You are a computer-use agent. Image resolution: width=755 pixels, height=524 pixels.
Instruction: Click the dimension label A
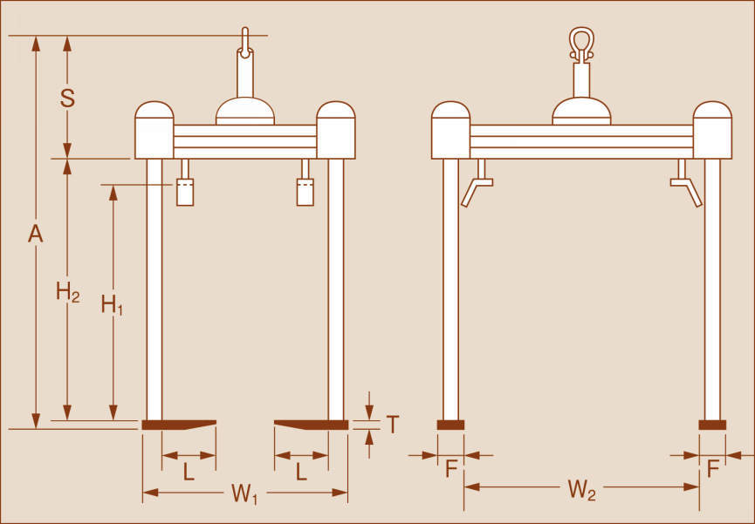35,234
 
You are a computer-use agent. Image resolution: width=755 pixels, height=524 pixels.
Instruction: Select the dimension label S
67,99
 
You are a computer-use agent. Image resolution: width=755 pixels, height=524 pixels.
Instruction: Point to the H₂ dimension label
68,293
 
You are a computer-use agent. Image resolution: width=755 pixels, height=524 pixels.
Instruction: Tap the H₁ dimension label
112,304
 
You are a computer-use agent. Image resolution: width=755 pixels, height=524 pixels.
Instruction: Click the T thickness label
393,425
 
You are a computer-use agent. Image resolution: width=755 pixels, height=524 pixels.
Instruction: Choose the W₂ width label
581,489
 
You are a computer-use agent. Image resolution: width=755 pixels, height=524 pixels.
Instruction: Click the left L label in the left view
189,472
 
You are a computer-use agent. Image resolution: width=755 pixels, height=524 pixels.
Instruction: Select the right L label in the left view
301,472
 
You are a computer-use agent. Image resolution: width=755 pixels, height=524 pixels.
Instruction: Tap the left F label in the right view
451,469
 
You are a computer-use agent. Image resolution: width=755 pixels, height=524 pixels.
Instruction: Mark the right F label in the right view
712,469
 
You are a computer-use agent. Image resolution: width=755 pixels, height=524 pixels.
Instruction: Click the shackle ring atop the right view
581,42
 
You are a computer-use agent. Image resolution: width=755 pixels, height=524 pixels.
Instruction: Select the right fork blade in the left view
311,425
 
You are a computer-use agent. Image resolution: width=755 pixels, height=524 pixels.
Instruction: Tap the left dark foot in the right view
451,425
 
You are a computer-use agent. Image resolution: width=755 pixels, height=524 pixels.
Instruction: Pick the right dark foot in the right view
712,425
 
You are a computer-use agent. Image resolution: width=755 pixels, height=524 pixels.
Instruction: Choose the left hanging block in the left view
185,192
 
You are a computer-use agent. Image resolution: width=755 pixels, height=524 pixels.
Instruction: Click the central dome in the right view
581,110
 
